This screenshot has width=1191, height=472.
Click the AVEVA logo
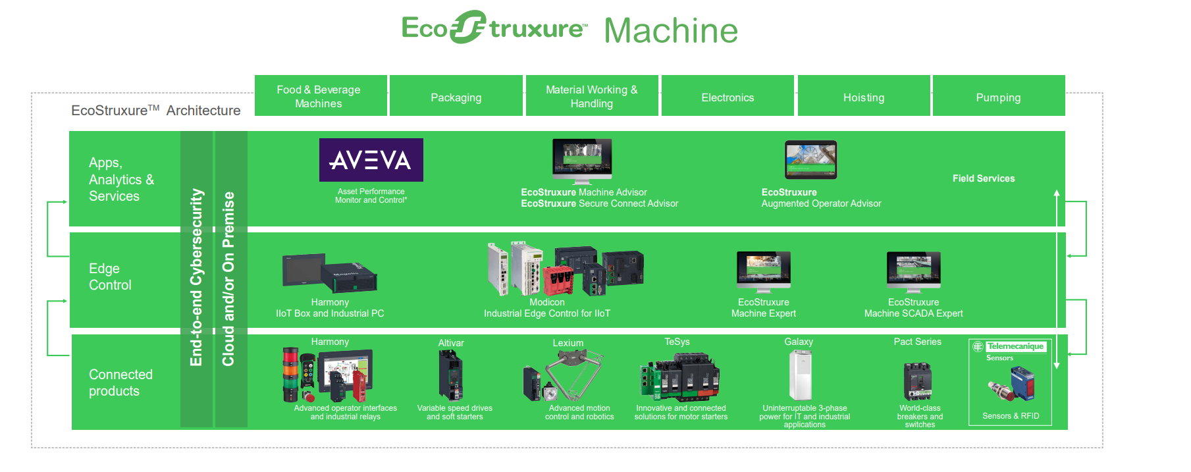tap(371, 160)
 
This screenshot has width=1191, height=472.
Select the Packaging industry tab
tap(456, 96)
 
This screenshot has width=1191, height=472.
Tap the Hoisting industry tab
tap(864, 96)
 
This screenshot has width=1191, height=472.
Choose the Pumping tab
tap(999, 96)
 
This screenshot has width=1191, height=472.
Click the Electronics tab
tap(728, 96)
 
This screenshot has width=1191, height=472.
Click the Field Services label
tap(984, 178)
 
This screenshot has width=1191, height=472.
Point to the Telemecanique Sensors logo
tap(1011, 351)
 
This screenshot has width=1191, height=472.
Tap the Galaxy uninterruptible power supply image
tap(800, 375)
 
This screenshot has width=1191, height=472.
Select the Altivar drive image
tap(451, 375)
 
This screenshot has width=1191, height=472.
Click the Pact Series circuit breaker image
tap(918, 381)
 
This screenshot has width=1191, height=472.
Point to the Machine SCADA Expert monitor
tap(914, 272)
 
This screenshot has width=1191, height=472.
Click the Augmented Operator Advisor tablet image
tap(811, 160)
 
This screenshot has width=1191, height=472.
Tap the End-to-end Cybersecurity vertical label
tap(196, 277)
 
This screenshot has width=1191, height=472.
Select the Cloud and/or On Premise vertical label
tap(228, 278)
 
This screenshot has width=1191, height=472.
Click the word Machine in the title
tap(671, 30)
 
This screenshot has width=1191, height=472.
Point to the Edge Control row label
tap(111, 276)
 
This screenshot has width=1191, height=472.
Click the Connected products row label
tap(120, 382)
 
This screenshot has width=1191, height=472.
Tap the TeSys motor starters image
tap(679, 377)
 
